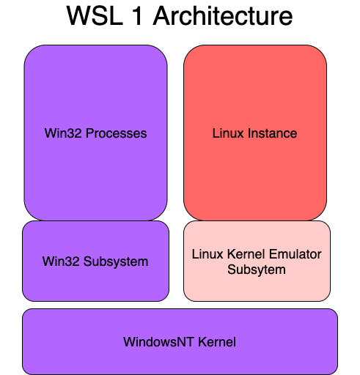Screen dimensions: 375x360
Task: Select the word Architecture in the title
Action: [x=224, y=16]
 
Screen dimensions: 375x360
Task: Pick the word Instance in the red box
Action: [x=271, y=133]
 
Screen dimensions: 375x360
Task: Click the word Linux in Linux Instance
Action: [x=228, y=133]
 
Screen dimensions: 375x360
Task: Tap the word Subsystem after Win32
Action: [x=114, y=261]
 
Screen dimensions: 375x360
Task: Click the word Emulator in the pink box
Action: [x=298, y=255]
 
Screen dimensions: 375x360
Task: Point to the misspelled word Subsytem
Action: [x=257, y=269]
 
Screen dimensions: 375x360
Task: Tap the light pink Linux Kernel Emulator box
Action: [x=257, y=286]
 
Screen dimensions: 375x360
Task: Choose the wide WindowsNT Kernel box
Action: [x=180, y=359]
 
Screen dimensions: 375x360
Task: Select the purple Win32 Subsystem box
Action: [x=95, y=286]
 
